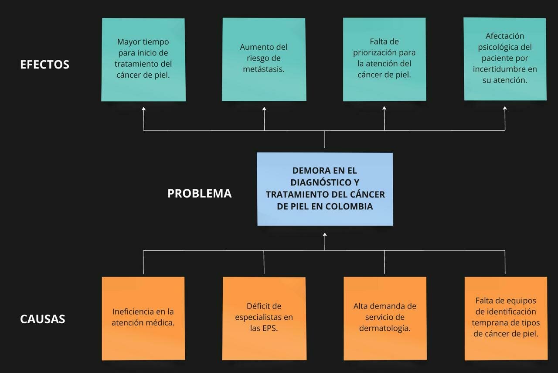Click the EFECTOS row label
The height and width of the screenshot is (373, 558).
pos(44,65)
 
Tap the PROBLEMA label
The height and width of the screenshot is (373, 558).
pos(199,193)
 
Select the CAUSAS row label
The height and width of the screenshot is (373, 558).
pos(42,319)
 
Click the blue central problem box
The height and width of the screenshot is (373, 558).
pos(325,189)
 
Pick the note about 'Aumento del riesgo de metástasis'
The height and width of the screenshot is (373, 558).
pos(264,59)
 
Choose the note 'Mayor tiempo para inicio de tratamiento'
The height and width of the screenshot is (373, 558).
pos(143,59)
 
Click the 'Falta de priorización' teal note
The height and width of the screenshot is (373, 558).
pos(384,59)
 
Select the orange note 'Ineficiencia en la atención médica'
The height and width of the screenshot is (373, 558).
pos(143,318)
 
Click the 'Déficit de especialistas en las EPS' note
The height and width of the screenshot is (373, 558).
pos(264,318)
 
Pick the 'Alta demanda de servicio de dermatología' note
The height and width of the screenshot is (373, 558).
pos(384,318)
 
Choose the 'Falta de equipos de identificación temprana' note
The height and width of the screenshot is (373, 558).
pos(506,318)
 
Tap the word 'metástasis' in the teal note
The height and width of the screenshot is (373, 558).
pos(264,69)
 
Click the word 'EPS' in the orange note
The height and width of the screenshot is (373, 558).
pos(270,329)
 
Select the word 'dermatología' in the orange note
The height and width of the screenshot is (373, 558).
pos(384,329)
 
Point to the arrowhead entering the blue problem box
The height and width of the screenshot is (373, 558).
pos(325,235)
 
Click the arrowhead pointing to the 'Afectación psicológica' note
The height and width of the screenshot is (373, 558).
pos(505,109)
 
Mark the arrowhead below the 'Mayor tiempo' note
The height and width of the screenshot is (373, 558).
pos(143,109)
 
